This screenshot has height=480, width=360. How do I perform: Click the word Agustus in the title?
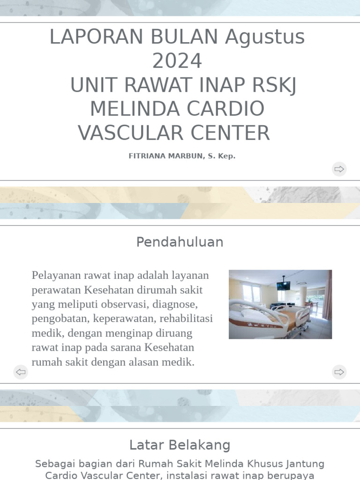[x=265, y=37]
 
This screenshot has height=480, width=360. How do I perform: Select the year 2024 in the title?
[x=177, y=61]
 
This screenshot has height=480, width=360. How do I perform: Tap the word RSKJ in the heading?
[x=274, y=85]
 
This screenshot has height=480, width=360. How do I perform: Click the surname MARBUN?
[x=187, y=156]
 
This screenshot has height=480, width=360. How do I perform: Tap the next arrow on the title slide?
[x=339, y=169]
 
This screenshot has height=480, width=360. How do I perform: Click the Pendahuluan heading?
[x=180, y=242]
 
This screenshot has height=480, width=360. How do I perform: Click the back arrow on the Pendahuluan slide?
[x=21, y=372]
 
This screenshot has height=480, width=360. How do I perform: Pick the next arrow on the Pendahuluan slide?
[x=339, y=372]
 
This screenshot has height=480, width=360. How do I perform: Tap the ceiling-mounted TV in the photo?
[x=283, y=285]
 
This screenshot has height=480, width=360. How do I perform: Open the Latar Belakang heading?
[x=180, y=445]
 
